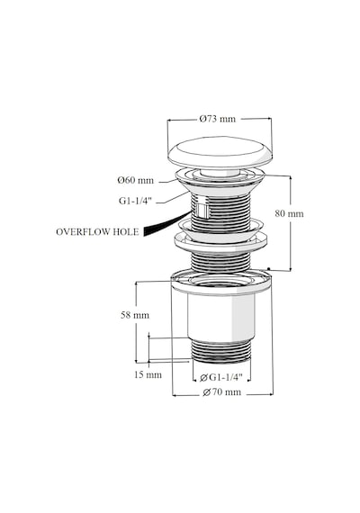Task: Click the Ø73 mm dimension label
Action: click(217, 119)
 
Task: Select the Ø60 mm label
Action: click(136, 180)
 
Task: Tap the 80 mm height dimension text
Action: click(289, 213)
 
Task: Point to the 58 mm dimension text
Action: click(135, 315)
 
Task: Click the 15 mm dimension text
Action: click(148, 374)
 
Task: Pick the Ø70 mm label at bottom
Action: click(222, 391)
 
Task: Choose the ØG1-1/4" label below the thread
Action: click(220, 378)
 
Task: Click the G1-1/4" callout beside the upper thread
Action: click(135, 201)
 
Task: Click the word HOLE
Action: click(126, 232)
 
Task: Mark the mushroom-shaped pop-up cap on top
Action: click(220, 153)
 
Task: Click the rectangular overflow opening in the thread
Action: click(202, 211)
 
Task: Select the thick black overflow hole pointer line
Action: click(166, 222)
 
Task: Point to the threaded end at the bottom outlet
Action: click(220, 351)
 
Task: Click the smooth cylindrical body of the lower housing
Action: click(221, 317)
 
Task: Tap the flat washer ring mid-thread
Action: click(220, 243)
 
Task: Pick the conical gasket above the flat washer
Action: click(220, 228)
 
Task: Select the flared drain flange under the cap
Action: click(220, 182)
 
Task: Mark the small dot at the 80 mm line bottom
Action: click(269, 268)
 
